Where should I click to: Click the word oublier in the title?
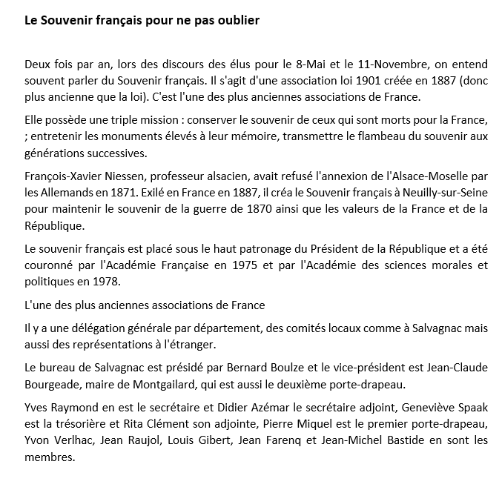click(x=237, y=20)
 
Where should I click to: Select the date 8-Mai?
click(x=346, y=64)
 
